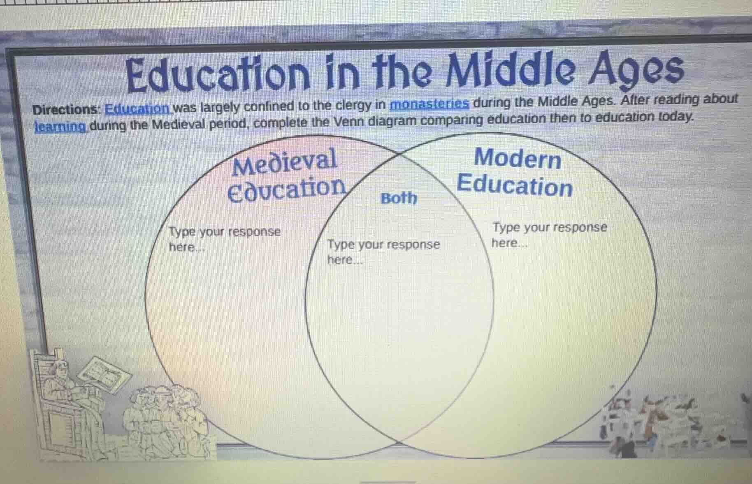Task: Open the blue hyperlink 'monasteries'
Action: click(x=429, y=104)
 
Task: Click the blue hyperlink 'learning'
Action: click(x=60, y=126)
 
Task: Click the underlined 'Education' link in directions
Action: click(x=137, y=109)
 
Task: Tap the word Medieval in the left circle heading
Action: click(x=284, y=161)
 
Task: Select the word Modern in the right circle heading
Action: click(x=518, y=158)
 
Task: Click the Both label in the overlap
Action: click(x=399, y=198)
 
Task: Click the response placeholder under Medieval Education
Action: click(x=224, y=239)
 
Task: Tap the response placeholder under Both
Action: click(x=383, y=251)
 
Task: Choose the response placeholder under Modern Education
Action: click(x=549, y=234)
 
